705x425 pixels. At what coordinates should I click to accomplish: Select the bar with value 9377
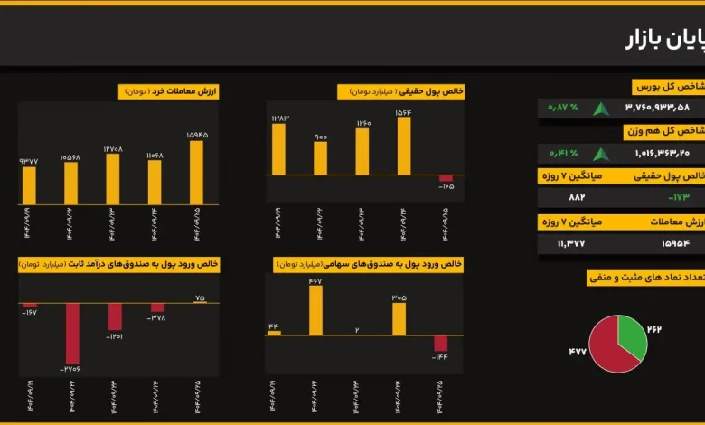tap(29, 185)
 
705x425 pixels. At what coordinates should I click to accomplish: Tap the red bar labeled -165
tap(446, 178)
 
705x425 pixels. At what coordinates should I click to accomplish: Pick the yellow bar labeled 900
tap(321, 157)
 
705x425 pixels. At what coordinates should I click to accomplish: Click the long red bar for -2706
tap(71, 333)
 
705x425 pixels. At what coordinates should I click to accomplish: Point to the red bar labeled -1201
tap(115, 316)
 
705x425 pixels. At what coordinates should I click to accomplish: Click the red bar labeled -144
tap(441, 343)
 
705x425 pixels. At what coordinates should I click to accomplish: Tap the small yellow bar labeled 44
tap(274, 333)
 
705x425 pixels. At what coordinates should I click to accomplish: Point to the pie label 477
tap(578, 351)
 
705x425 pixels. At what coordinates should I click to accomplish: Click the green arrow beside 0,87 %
tap(601, 109)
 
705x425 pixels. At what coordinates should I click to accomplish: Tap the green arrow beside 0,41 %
tap(601, 154)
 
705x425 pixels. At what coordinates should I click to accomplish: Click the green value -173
tap(678, 197)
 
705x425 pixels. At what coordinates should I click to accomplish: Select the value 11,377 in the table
tap(571, 243)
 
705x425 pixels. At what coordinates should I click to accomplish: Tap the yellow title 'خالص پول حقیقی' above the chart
tap(401, 91)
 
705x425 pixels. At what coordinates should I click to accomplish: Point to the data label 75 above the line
tap(200, 297)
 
